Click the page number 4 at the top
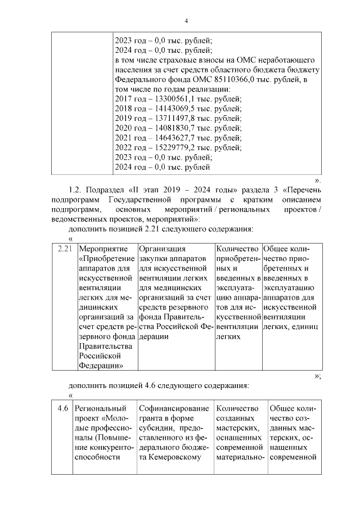[x=186, y=21]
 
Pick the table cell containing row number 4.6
[x=63, y=408]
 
